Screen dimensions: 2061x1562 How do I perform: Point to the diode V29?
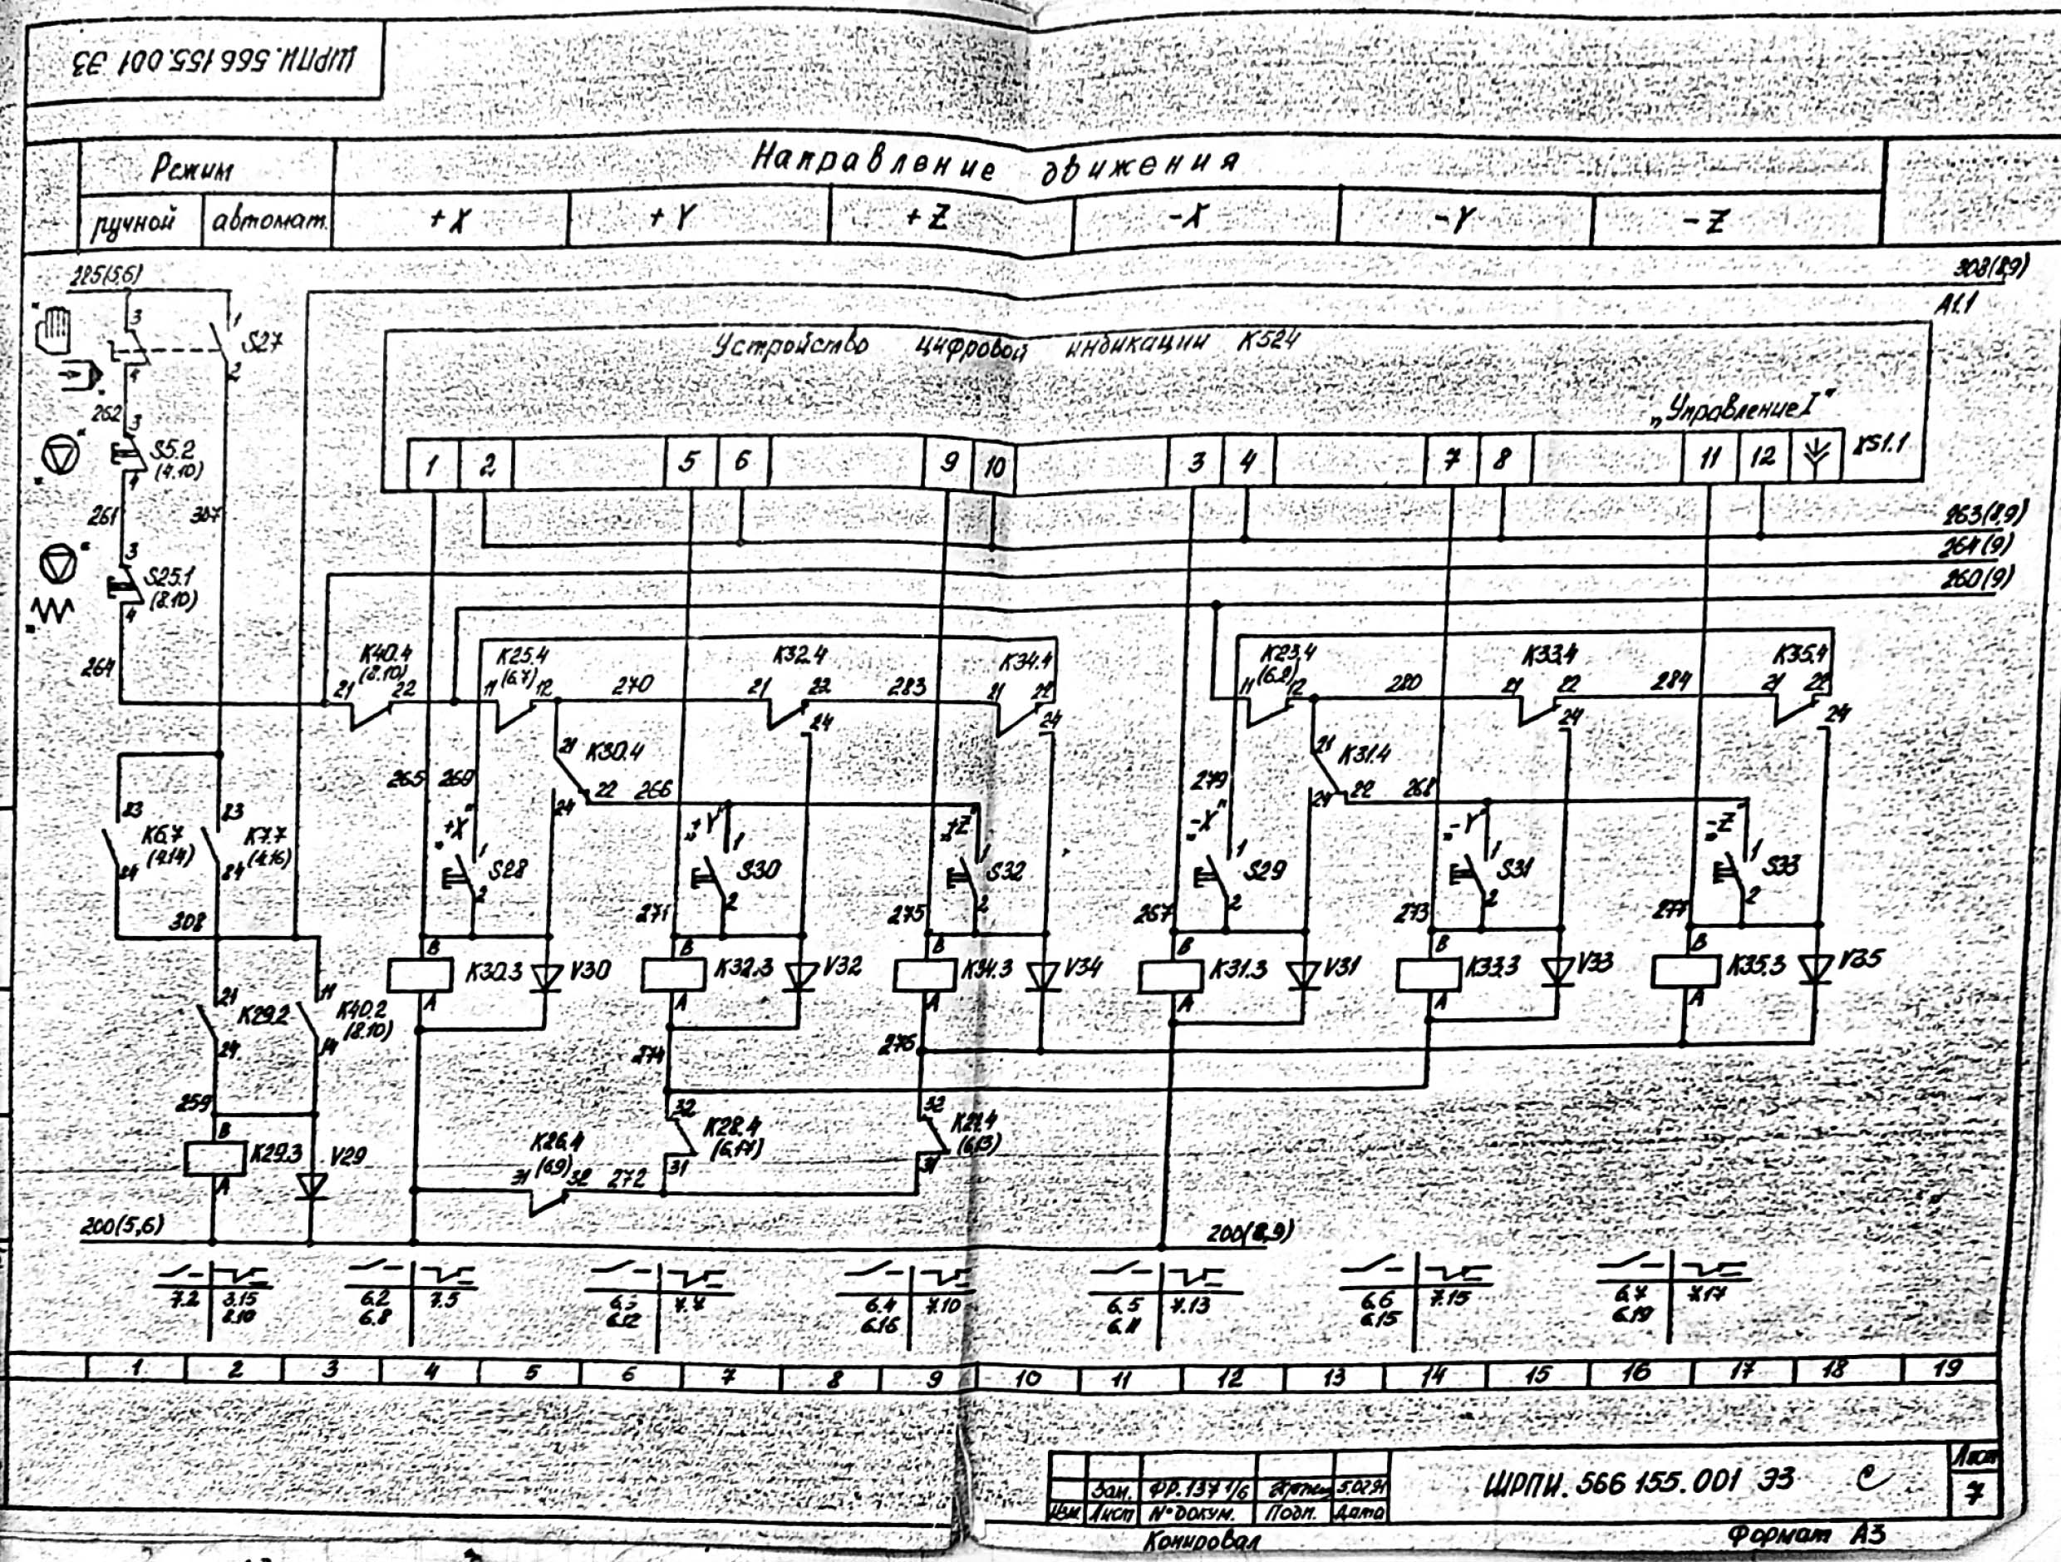(x=310, y=1185)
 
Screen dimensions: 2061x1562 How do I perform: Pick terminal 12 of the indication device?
(x=1762, y=457)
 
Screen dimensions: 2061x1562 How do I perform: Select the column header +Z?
(x=927, y=217)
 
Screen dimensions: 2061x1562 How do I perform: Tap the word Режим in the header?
(x=194, y=169)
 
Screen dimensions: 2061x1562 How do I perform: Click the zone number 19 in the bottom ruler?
(x=1946, y=1369)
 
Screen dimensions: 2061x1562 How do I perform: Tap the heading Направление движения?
(x=995, y=165)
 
